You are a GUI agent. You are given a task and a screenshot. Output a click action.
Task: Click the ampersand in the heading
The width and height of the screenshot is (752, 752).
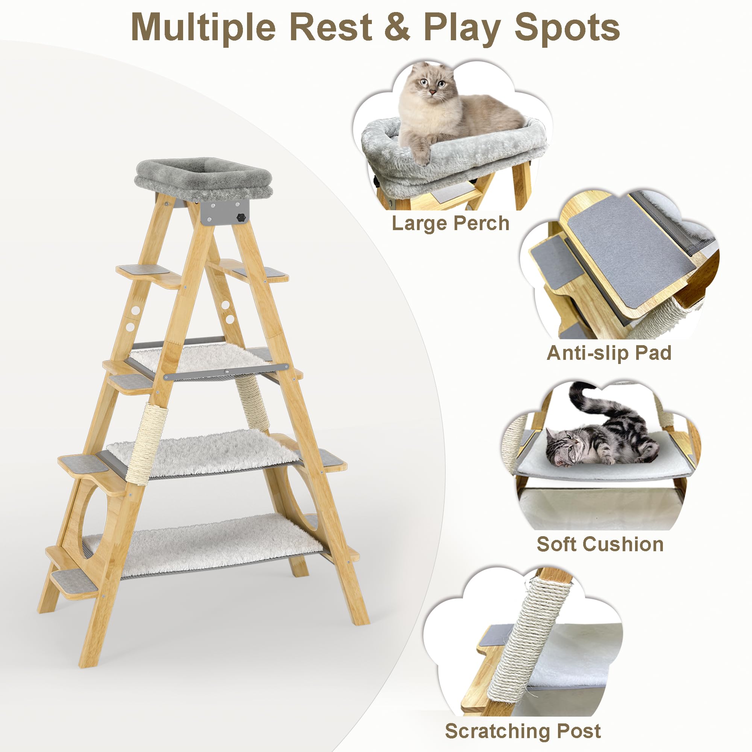[397, 27]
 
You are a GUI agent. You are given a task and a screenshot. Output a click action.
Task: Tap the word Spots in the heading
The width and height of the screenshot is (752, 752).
[567, 27]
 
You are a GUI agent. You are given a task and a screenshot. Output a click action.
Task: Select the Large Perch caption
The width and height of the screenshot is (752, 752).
[450, 223]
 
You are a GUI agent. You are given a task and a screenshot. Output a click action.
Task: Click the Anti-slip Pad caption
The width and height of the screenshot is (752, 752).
[609, 353]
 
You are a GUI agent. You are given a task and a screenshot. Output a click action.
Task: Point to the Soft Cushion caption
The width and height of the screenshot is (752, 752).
[600, 544]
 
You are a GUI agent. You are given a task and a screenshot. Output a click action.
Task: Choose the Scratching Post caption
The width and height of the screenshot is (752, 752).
[523, 731]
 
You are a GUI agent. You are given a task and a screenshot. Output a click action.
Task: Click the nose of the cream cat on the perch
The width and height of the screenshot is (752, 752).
[432, 92]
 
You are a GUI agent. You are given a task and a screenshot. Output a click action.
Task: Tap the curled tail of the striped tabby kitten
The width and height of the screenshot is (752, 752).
[580, 397]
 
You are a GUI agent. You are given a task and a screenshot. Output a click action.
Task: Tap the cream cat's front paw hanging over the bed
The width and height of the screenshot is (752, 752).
[421, 156]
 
